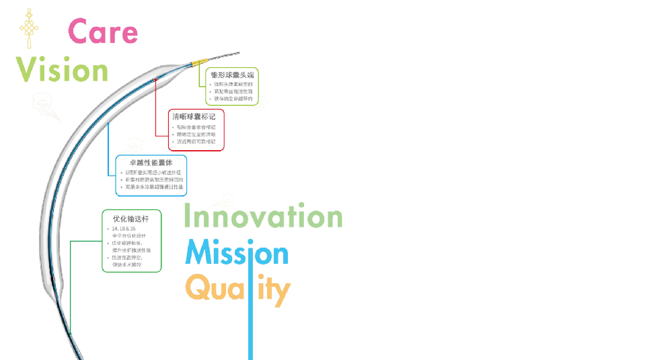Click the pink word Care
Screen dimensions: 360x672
[x=103, y=32]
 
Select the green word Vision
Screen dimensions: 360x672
[x=62, y=69]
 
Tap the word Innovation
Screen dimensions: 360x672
[x=263, y=217]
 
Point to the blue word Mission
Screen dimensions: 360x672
[x=237, y=254]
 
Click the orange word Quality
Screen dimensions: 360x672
[x=237, y=290]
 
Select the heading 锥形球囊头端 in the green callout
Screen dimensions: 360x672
[x=232, y=75]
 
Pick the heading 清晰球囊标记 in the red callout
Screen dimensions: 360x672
[x=194, y=116]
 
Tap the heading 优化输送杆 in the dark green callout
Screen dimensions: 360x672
[x=130, y=217]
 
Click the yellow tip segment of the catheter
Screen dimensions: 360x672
[x=200, y=62]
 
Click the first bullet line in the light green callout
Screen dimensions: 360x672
[x=232, y=84]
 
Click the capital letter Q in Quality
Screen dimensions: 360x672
[x=198, y=289]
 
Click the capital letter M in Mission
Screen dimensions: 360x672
[x=200, y=253]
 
